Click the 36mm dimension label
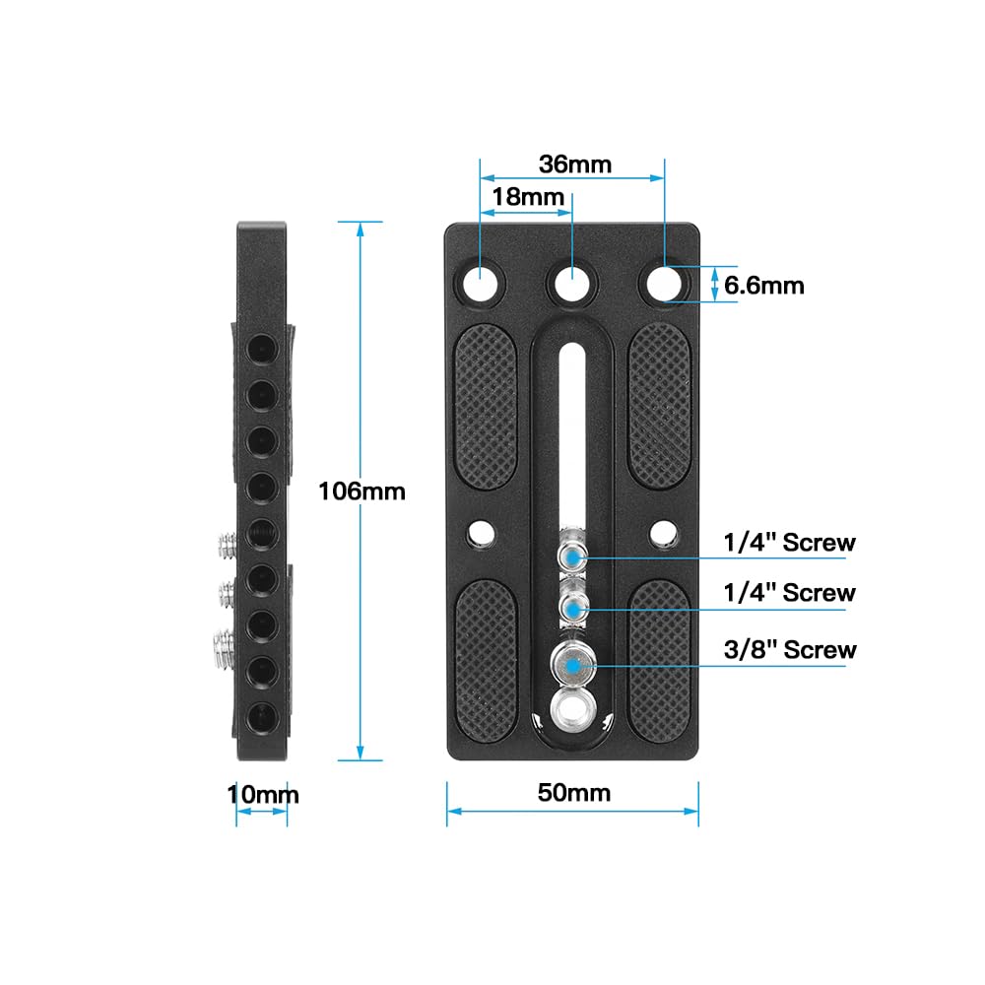point(575,164)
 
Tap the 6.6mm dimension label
point(764,286)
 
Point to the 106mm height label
point(361,491)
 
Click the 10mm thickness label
point(262,794)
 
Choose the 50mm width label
point(575,793)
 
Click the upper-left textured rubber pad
point(487,404)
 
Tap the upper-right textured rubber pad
point(659,404)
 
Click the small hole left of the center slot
point(481,533)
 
